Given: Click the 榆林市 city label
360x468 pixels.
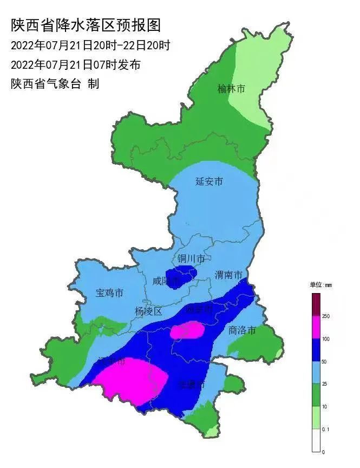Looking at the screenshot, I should coord(231,88).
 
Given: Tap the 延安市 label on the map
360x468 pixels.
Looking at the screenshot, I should coord(209,181).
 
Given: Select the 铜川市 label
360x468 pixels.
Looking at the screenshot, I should coord(191,259).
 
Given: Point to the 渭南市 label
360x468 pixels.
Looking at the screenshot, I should coord(228,275).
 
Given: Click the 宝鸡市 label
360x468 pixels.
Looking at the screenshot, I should coord(109,293).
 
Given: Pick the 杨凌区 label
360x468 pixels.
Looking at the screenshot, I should coord(148,311).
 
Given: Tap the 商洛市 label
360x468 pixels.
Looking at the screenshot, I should coord(241,330).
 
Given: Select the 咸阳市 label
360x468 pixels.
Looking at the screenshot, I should coord(165,281).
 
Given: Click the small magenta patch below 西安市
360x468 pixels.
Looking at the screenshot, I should coord(187,330).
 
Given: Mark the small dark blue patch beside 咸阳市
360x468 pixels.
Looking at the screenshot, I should coord(181,277).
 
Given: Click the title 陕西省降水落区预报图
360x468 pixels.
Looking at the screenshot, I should coord(86,25).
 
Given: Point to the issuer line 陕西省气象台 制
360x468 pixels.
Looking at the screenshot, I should coord(55,84).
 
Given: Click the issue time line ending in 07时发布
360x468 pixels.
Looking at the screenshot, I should coord(76,65).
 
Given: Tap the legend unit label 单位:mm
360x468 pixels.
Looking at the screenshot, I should coord(320,284).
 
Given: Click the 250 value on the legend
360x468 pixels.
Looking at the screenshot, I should coord(326,316).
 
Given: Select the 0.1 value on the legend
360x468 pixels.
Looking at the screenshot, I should coord(326,429).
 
